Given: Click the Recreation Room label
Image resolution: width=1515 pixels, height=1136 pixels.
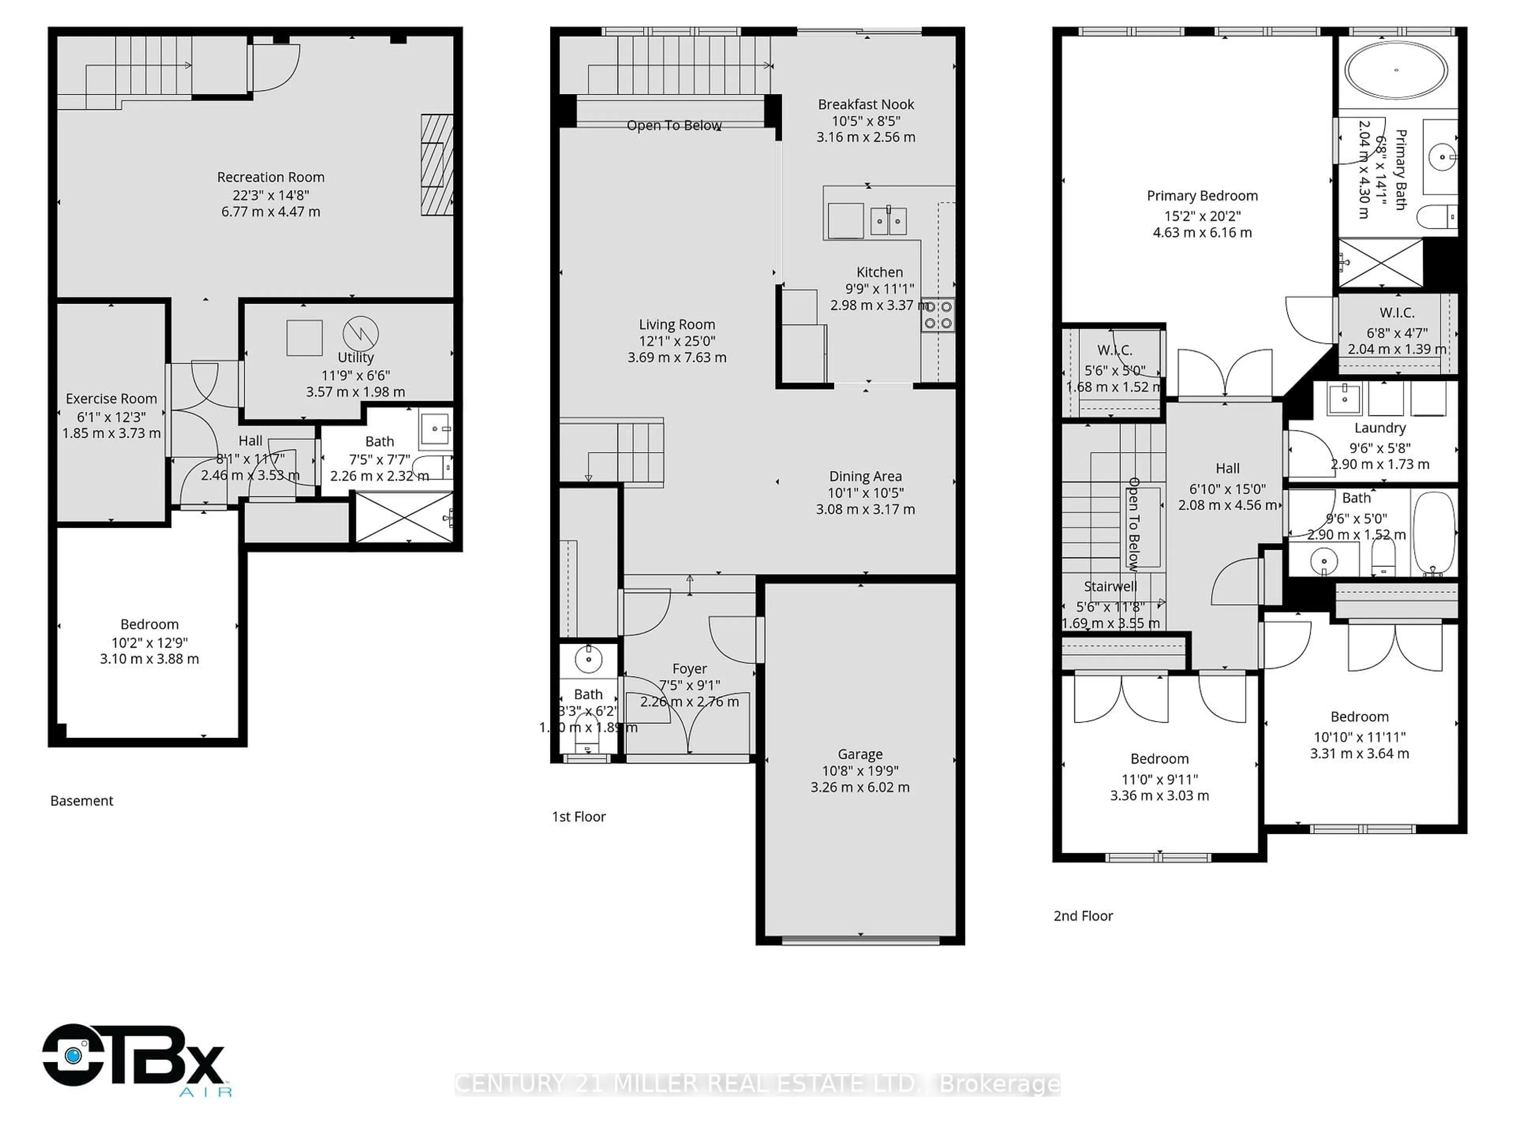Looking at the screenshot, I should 271,177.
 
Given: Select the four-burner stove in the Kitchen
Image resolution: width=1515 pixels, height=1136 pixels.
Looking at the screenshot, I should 938,315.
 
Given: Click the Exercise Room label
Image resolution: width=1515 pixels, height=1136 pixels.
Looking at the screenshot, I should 111,398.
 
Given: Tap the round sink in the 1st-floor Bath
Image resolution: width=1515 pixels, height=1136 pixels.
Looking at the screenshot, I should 587,660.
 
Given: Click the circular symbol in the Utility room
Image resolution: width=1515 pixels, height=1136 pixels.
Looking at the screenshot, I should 360,333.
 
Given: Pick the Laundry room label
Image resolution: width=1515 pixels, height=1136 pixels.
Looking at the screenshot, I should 1379,428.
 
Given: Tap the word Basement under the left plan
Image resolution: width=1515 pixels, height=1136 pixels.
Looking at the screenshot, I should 82,800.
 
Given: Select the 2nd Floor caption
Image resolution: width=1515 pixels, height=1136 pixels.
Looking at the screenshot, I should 1083,916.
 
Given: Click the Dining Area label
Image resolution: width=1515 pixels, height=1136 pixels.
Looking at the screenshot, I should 865,476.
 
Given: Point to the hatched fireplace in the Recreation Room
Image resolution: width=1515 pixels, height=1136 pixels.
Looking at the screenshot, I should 436,165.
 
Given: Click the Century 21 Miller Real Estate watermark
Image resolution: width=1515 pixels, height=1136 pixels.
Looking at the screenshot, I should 757,1084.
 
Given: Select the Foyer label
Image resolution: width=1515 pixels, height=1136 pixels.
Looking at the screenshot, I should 689,668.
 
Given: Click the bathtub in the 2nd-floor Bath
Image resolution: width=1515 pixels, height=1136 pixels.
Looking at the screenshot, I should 1433,533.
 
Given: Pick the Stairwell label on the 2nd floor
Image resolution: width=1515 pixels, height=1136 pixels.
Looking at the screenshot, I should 1110,586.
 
